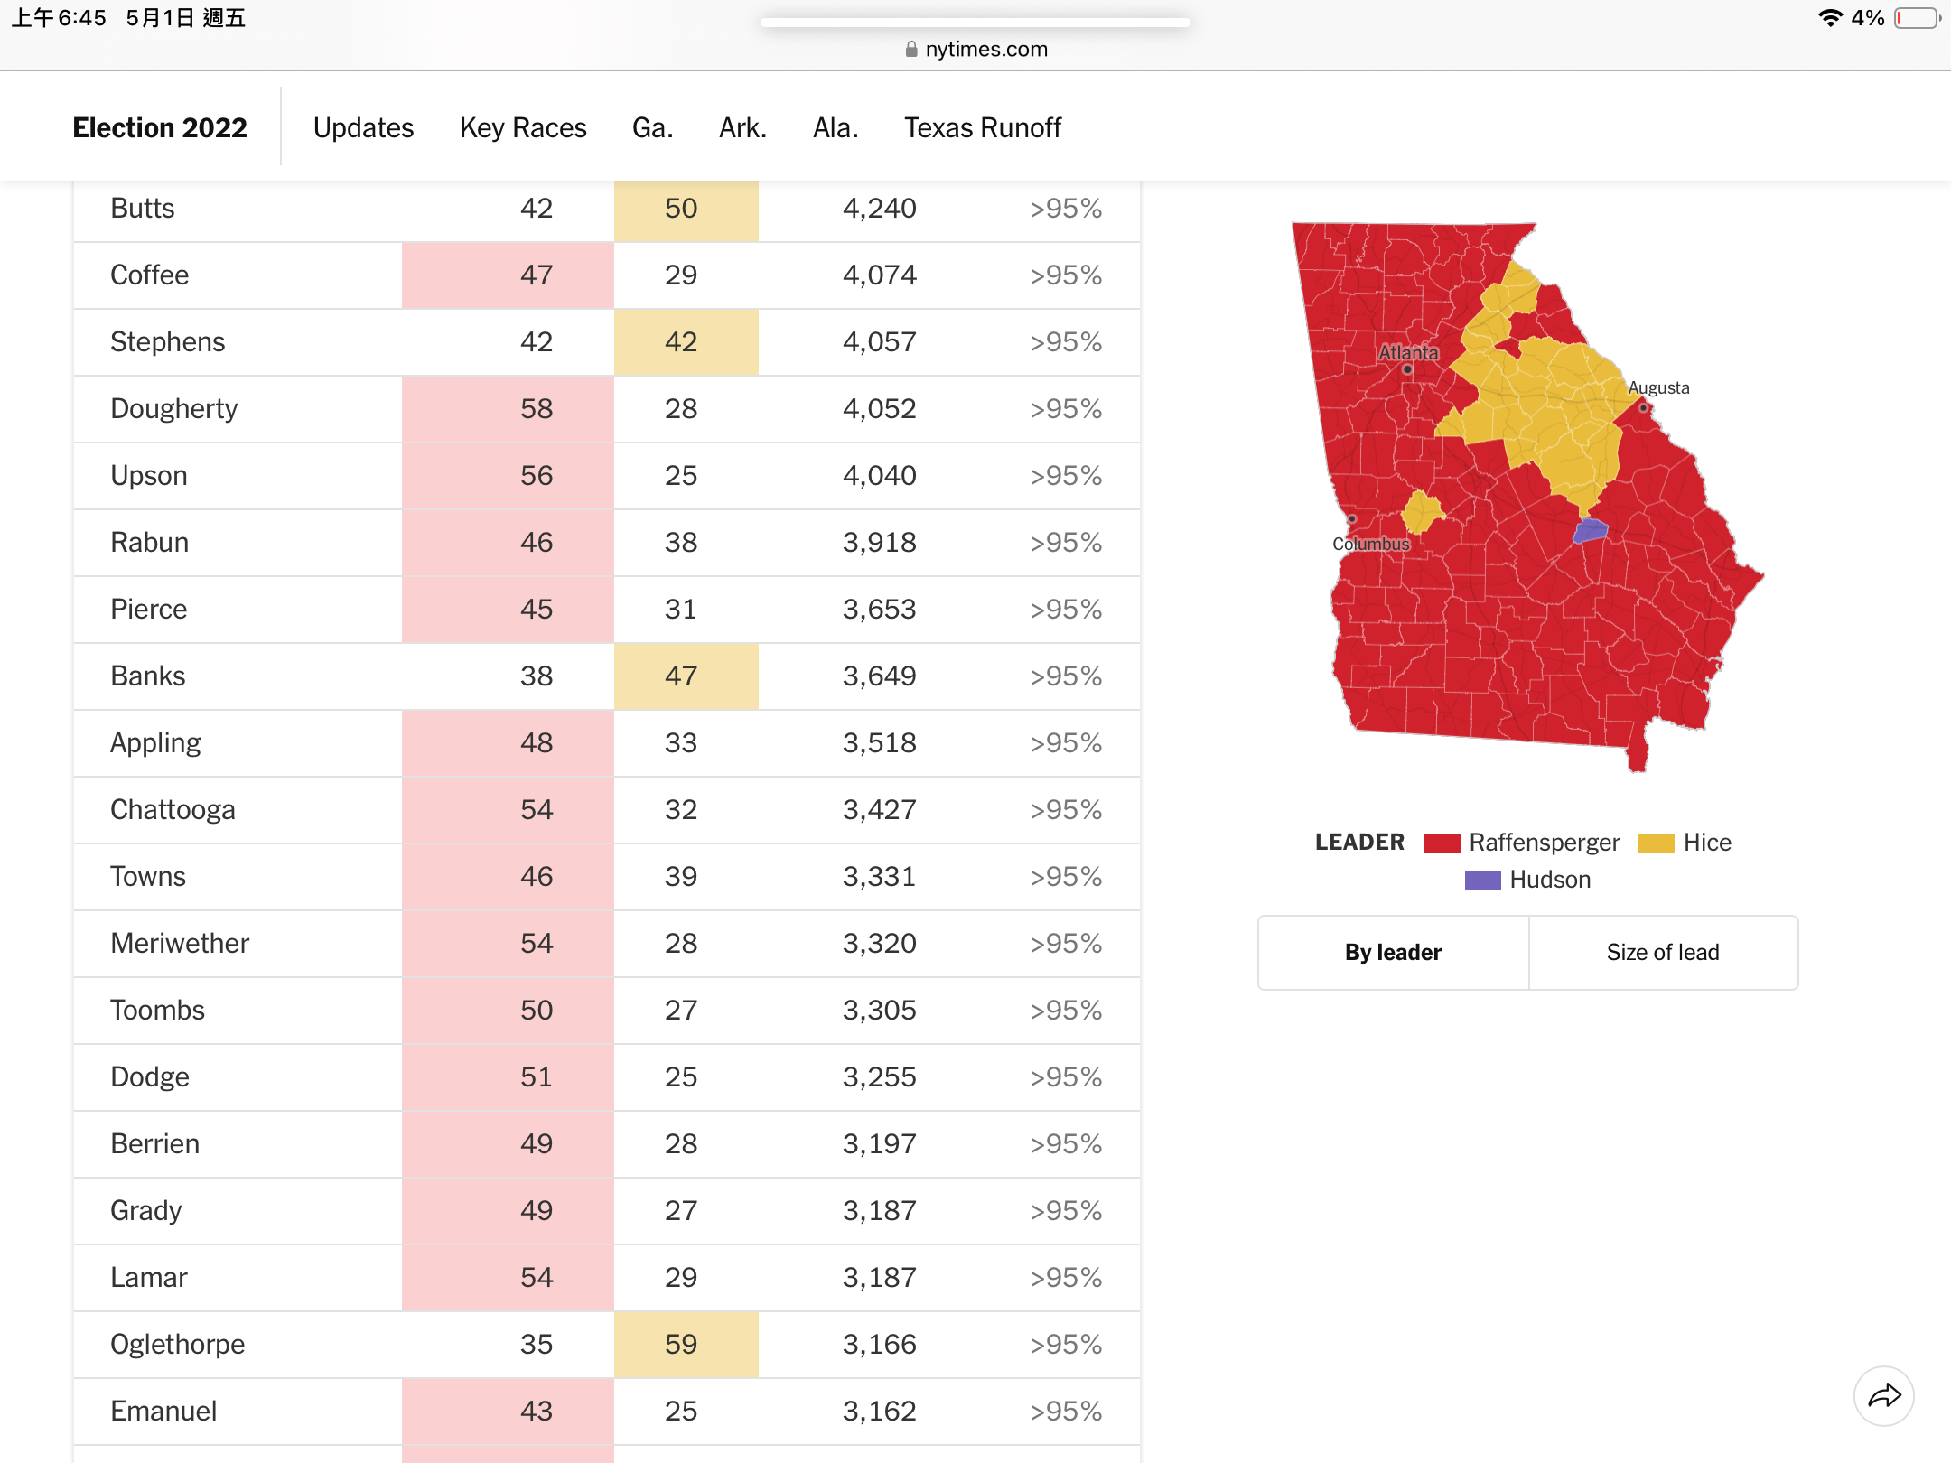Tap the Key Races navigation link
tap(523, 127)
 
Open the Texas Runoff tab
tap(983, 127)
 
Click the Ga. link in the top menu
tap(652, 127)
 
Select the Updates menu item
tap(363, 127)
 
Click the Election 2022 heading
tap(160, 127)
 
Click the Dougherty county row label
tap(173, 409)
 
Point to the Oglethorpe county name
tap(177, 1345)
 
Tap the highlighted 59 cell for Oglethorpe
tap(686, 1345)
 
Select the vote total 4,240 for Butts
tap(879, 209)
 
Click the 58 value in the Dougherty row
tap(536, 409)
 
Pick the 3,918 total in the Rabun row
tap(879, 543)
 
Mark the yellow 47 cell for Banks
tap(686, 676)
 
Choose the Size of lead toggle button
tap(1663, 953)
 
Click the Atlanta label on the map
tap(1408, 352)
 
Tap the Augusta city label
tap(1658, 387)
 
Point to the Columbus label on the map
tap(1370, 544)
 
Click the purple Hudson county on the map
tap(1591, 530)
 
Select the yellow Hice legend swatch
tap(1657, 843)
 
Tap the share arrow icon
tap(1884, 1396)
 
